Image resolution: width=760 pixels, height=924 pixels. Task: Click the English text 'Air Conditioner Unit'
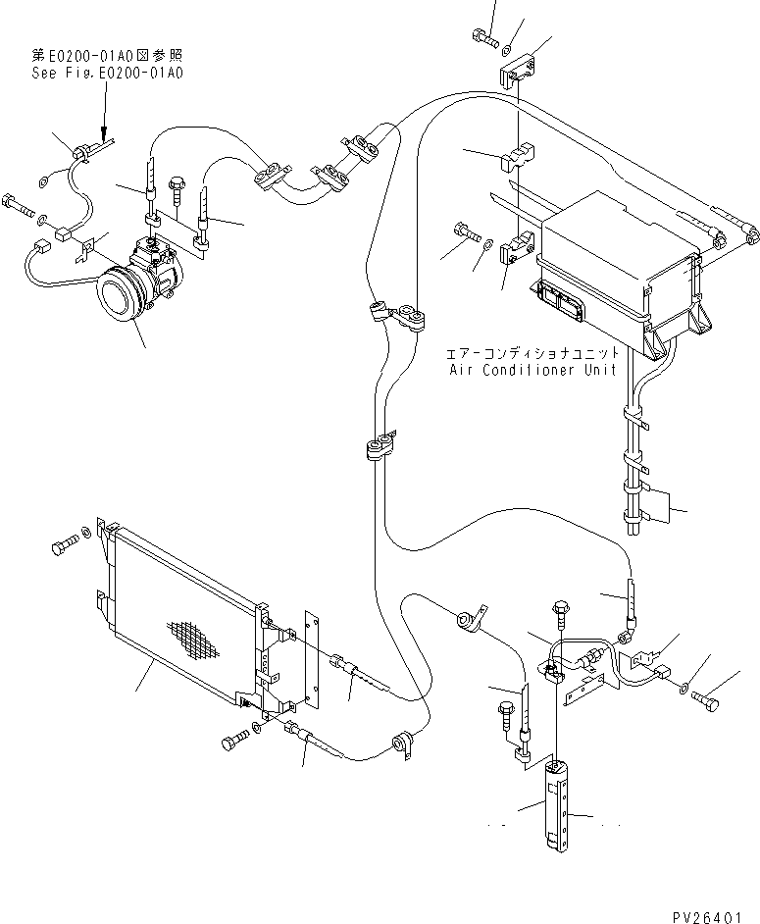(532, 370)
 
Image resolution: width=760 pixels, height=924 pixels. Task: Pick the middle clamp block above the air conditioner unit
(521, 157)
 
